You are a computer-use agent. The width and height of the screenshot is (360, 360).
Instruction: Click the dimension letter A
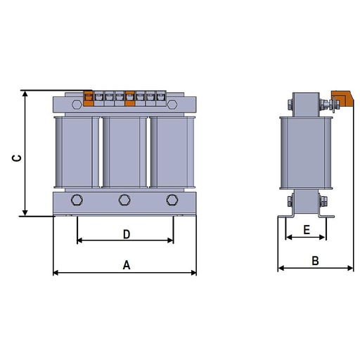point(127,265)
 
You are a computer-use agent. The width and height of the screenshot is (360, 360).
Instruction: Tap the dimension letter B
point(316,261)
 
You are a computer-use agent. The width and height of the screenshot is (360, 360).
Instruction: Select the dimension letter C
point(16,158)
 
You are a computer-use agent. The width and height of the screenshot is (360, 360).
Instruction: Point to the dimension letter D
point(127,234)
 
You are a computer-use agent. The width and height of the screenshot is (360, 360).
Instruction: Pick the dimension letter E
point(307,230)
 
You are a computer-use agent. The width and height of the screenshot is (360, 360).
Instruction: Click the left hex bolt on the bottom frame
point(77,200)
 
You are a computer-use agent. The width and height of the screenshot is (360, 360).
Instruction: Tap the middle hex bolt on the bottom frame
point(124,200)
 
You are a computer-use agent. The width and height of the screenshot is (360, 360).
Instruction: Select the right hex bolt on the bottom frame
point(172,200)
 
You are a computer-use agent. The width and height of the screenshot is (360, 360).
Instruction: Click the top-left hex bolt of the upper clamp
point(77,104)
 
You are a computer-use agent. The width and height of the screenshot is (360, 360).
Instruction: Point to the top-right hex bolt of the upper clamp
point(172,104)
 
